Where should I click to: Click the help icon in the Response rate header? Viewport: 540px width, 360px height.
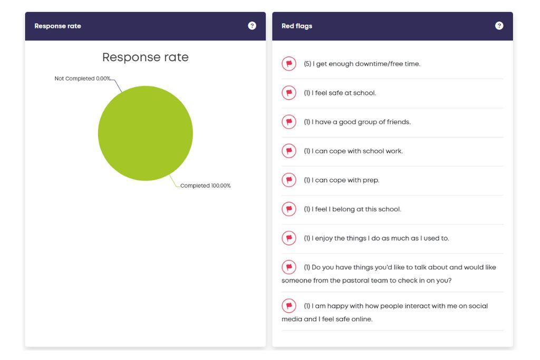pyautogui.click(x=252, y=26)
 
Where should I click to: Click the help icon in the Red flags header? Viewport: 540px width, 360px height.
pyautogui.click(x=499, y=26)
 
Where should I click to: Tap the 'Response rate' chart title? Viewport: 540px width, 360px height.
pyautogui.click(x=145, y=57)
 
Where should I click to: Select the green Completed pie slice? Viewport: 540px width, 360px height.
pyautogui.click(x=146, y=133)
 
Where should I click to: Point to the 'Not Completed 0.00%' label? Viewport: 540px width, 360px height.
pyautogui.click(x=83, y=79)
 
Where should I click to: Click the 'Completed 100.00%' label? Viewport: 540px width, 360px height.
pyautogui.click(x=205, y=186)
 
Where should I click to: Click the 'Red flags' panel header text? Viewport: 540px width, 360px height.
pyautogui.click(x=296, y=26)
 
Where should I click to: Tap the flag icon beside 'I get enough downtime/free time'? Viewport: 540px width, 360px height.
pyautogui.click(x=289, y=64)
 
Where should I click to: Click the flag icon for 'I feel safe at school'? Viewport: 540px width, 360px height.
pyautogui.click(x=289, y=93)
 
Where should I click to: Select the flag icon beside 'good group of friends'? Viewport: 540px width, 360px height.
pyautogui.click(x=289, y=122)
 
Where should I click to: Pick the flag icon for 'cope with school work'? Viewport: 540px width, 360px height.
pyautogui.click(x=289, y=151)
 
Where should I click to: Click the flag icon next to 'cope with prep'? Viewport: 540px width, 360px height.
pyautogui.click(x=289, y=180)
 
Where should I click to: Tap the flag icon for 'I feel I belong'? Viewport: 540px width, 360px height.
pyautogui.click(x=289, y=209)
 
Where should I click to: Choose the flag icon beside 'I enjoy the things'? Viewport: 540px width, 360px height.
pyautogui.click(x=289, y=238)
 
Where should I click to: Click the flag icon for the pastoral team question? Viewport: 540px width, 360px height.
pyautogui.click(x=289, y=267)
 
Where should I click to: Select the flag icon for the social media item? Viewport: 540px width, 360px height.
pyautogui.click(x=289, y=306)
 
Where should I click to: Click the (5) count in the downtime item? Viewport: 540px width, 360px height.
pyautogui.click(x=307, y=64)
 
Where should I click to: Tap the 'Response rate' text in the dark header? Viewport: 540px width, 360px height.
pyautogui.click(x=57, y=26)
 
